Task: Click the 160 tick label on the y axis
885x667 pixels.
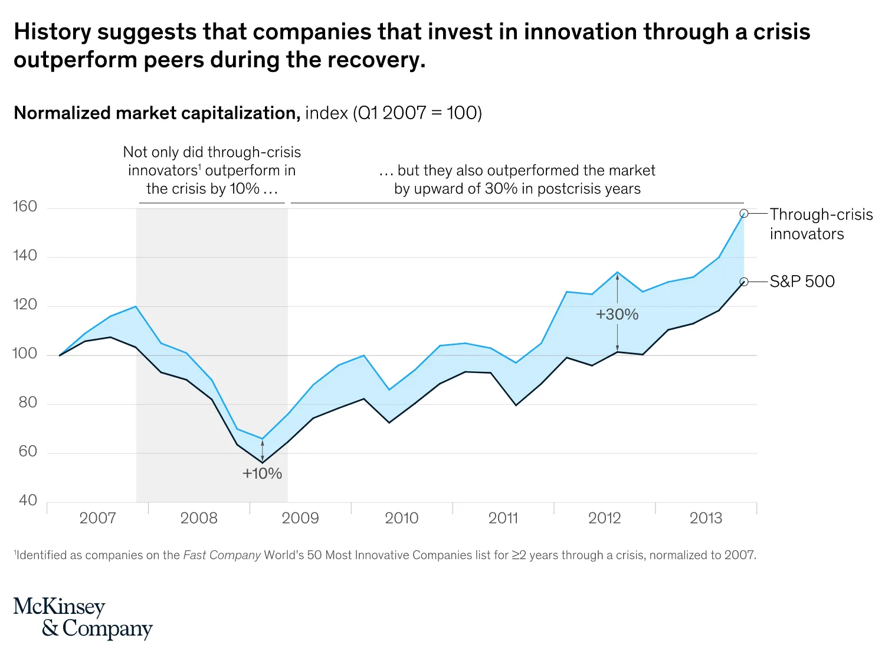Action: (x=25, y=207)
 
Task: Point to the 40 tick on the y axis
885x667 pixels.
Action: (x=28, y=501)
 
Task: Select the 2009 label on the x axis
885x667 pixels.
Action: (x=300, y=518)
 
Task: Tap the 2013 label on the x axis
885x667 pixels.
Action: (x=706, y=518)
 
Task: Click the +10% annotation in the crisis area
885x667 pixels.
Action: (x=262, y=473)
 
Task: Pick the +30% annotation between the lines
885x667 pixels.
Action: (x=617, y=315)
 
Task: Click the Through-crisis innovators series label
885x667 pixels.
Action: (x=821, y=224)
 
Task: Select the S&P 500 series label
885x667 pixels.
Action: (x=802, y=282)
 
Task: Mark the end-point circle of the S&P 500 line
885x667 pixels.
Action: (x=744, y=282)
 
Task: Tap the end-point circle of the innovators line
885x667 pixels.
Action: (x=744, y=214)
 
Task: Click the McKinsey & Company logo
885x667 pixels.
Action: (x=83, y=617)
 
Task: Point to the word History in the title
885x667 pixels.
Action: (x=53, y=32)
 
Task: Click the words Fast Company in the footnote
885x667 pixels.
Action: (x=222, y=555)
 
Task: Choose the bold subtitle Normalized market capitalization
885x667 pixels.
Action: (x=157, y=113)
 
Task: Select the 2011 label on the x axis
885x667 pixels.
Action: (x=503, y=518)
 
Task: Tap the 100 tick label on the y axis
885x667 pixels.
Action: (x=25, y=354)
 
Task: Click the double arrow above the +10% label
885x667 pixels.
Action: (x=263, y=450)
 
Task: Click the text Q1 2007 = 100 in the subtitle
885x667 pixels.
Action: (x=418, y=113)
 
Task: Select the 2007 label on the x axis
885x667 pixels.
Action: (x=97, y=518)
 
